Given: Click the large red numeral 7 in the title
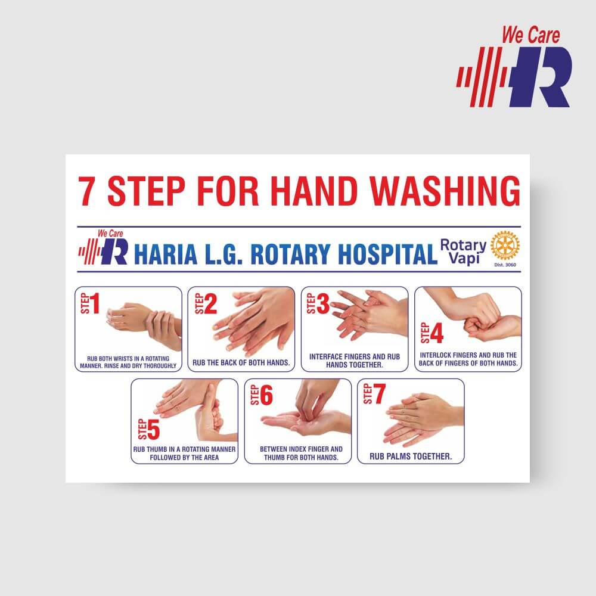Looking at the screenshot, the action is (86, 191).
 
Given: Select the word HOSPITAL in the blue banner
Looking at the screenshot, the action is (388, 254).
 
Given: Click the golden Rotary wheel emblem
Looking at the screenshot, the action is (505, 246).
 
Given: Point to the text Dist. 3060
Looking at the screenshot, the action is (505, 265).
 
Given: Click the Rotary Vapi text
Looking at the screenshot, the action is (463, 251).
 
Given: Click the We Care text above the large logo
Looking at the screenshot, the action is (531, 35).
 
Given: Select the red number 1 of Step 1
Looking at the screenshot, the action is (95, 303).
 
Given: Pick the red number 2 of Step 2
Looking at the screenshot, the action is (210, 304).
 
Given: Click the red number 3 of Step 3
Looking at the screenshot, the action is (322, 304).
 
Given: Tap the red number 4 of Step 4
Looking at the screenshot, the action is (437, 333).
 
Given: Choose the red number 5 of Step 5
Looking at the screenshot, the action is (153, 430).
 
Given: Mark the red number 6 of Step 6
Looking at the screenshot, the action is (266, 395).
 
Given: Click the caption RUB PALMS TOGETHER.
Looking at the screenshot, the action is (411, 456).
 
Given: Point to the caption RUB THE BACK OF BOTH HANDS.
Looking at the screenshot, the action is (241, 362).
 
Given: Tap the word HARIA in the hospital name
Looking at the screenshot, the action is (166, 254).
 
